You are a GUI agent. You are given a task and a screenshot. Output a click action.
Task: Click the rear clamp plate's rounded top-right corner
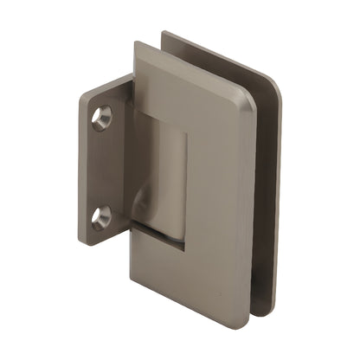click(x=275, y=83)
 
